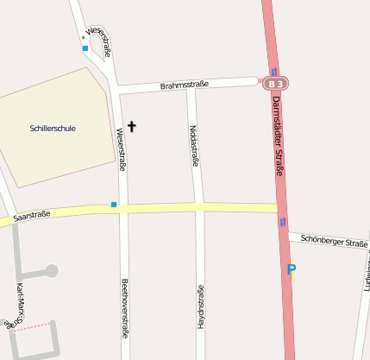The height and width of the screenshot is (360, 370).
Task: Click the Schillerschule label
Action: (x=53, y=129)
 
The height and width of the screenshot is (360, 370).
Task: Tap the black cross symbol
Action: (x=132, y=127)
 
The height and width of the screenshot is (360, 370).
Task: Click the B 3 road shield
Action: (x=276, y=84)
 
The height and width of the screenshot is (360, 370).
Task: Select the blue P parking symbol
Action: (x=292, y=269)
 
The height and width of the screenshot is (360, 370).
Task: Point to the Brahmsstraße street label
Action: (x=185, y=85)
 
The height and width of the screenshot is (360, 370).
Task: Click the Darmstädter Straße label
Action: (x=278, y=136)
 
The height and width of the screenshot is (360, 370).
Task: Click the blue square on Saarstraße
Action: (x=114, y=205)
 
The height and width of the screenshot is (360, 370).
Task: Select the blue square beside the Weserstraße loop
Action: (x=85, y=48)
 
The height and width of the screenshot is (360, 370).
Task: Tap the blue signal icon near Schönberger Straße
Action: (x=283, y=223)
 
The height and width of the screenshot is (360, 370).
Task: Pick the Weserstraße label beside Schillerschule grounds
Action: (x=122, y=148)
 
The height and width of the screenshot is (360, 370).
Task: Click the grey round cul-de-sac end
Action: (x=52, y=271)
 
